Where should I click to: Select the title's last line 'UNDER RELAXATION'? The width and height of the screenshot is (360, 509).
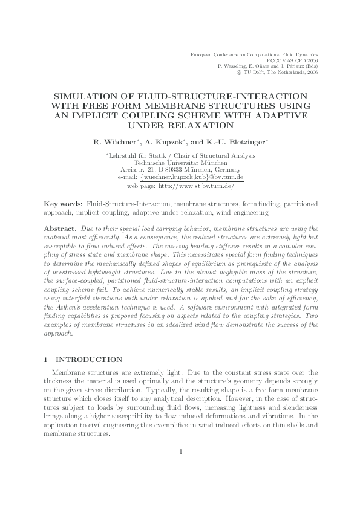pyautogui.click(x=180, y=125)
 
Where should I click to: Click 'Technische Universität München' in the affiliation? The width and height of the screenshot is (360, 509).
pyautogui.click(x=180, y=163)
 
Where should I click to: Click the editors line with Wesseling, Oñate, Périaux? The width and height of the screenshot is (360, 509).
pyautogui.click(x=267, y=66)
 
